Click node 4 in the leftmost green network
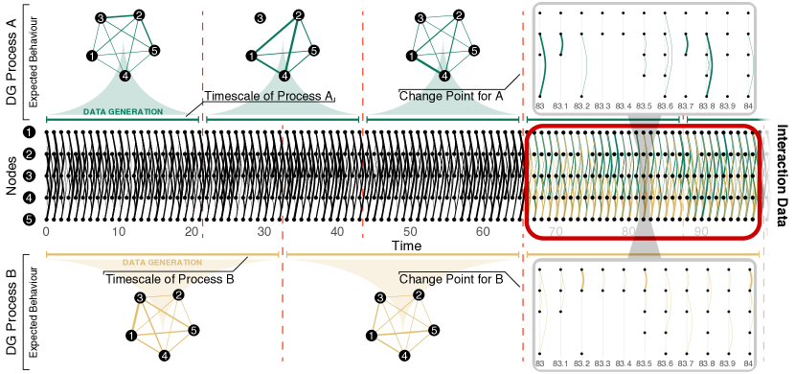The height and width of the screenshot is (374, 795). point(125,75)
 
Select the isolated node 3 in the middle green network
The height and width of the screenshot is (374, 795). point(260,18)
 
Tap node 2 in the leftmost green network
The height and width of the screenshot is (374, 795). point(139,15)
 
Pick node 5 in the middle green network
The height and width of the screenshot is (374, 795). point(314,50)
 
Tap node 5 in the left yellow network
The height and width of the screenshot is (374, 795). point(193,331)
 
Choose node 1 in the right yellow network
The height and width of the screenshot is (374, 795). point(372,335)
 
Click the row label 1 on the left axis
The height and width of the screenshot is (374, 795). point(30,132)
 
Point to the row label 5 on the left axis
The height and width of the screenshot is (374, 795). point(30,220)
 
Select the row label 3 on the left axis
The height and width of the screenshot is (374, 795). point(30,175)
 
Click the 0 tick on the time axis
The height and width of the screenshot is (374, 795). point(46,232)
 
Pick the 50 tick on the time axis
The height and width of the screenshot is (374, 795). point(410,232)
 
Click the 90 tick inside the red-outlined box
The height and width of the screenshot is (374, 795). point(701,231)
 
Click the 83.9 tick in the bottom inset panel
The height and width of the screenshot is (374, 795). point(727,364)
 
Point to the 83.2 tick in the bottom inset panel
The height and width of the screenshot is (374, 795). point(581,364)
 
